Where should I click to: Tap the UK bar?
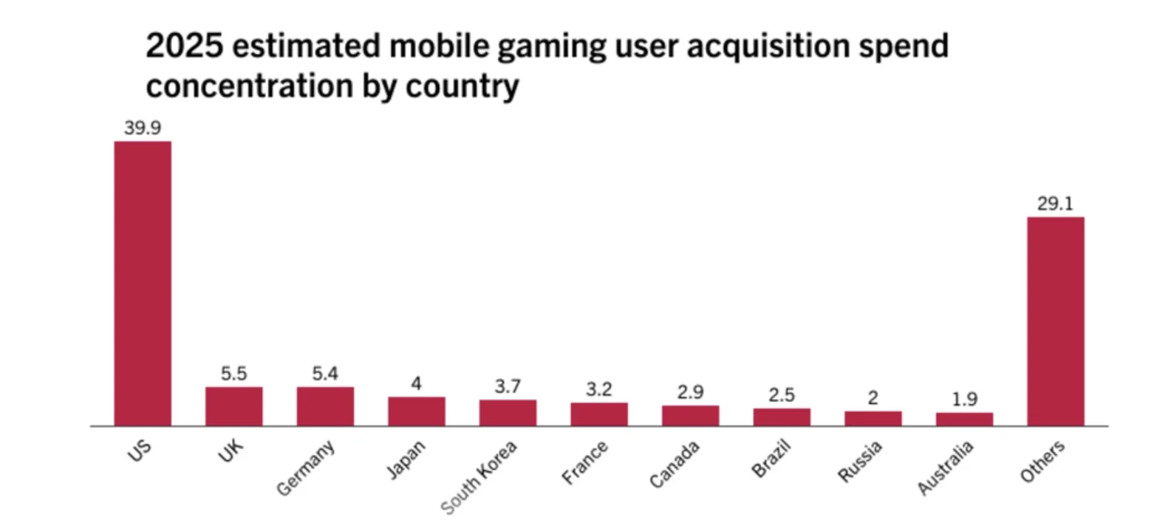(233, 406)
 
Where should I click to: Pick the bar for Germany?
(325, 406)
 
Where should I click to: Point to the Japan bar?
(417, 411)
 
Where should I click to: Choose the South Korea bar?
(508, 412)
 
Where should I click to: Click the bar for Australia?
(964, 419)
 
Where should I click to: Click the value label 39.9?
(143, 128)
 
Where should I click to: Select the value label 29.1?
(1055, 204)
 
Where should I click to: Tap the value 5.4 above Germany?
(325, 374)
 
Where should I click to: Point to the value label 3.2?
(599, 389)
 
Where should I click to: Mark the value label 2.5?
(782, 395)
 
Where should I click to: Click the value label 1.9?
(964, 400)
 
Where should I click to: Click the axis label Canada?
(675, 465)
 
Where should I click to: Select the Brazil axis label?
(771, 460)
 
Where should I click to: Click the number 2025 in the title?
(183, 47)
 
